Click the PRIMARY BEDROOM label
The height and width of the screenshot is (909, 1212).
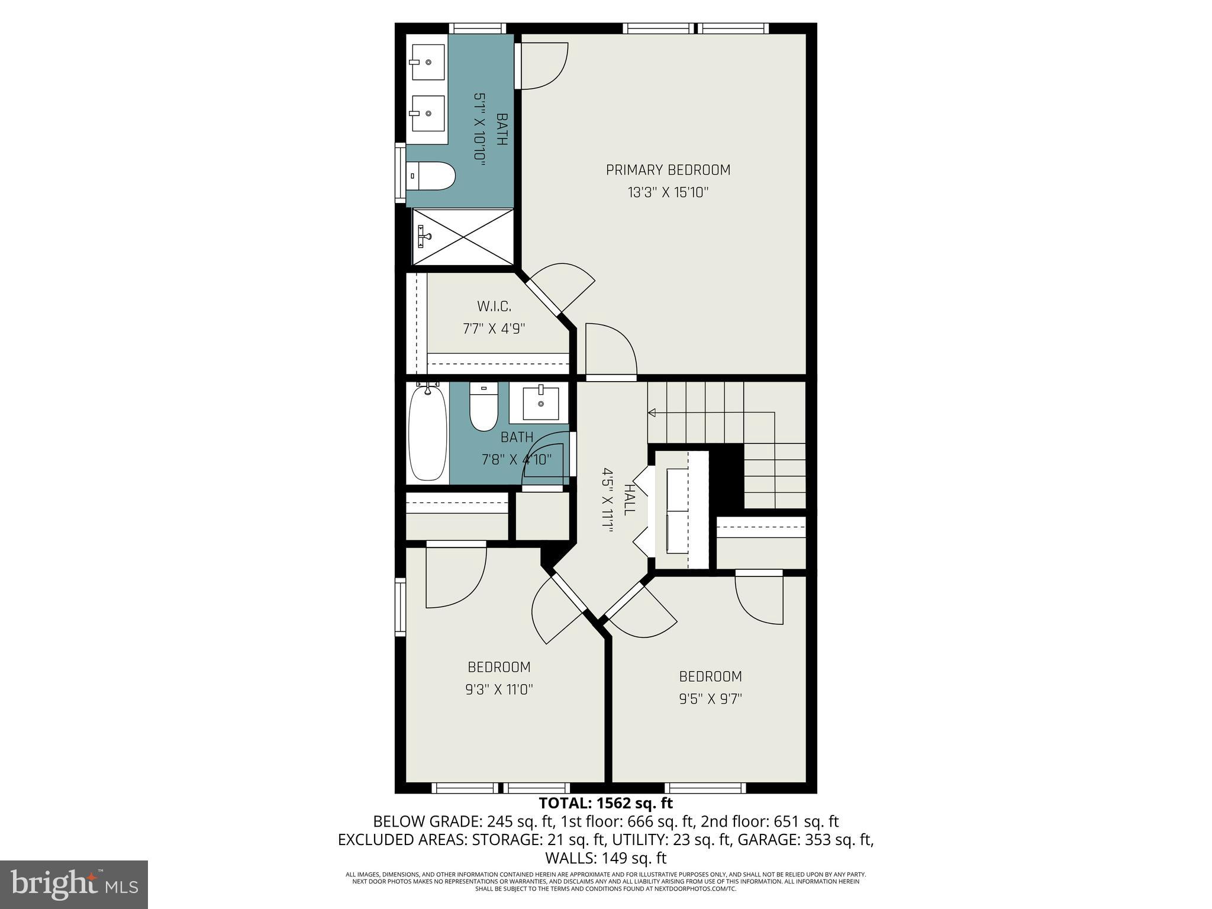(x=668, y=170)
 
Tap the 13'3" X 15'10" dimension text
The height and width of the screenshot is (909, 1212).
(x=668, y=193)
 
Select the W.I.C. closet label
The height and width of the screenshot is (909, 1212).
(x=494, y=307)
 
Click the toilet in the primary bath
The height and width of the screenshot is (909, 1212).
(x=434, y=176)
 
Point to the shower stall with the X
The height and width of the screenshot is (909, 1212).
(x=463, y=237)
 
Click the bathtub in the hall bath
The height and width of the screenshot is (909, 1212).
(x=428, y=433)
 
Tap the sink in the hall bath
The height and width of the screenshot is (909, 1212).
(x=540, y=403)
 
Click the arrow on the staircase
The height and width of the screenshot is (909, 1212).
(x=653, y=412)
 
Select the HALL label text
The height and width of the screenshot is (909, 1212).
(x=628, y=500)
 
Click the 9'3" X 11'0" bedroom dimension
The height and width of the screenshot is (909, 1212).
(x=499, y=689)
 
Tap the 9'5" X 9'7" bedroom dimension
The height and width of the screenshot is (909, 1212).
(x=710, y=699)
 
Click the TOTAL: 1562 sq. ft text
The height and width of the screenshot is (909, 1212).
(x=605, y=803)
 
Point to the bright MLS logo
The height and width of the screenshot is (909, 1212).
(x=74, y=884)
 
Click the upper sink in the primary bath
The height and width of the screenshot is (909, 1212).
(x=428, y=62)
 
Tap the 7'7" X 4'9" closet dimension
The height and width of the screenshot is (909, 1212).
(x=494, y=329)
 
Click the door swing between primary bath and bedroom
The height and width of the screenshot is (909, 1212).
(x=543, y=66)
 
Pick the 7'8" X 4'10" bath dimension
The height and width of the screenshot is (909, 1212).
(x=516, y=459)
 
